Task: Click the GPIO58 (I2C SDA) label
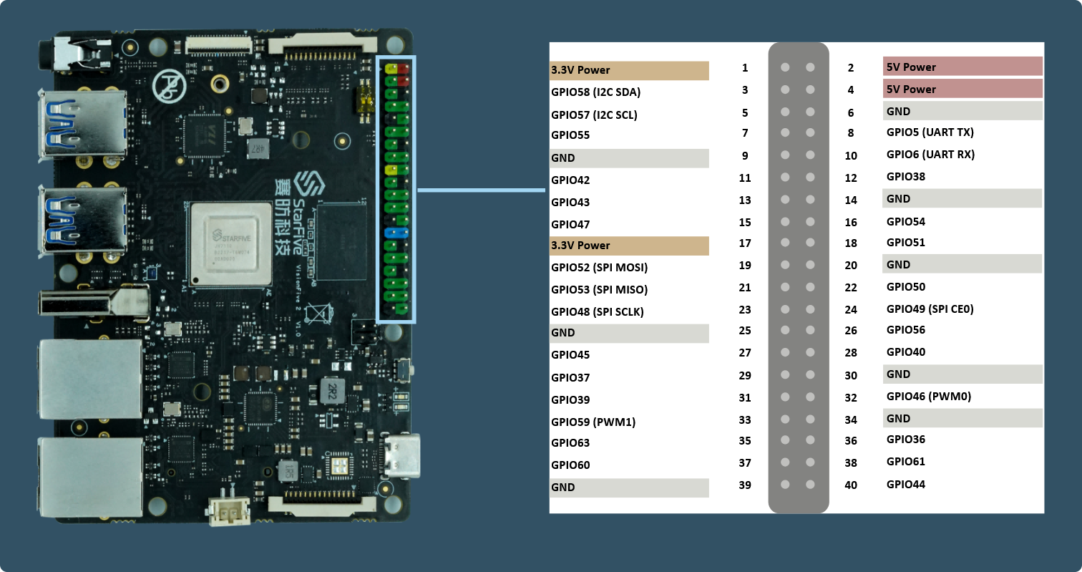(595, 92)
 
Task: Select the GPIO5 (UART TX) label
(930, 132)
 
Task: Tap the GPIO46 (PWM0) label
(928, 397)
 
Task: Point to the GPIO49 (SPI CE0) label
(930, 309)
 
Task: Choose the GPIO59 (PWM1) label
(593, 422)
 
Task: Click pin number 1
(745, 68)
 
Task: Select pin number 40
(851, 485)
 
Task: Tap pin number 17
(745, 243)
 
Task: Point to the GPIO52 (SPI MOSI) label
(599, 267)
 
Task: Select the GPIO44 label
(905, 485)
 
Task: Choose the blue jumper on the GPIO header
(396, 233)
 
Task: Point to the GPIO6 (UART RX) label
(930, 155)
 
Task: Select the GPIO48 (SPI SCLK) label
(597, 312)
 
